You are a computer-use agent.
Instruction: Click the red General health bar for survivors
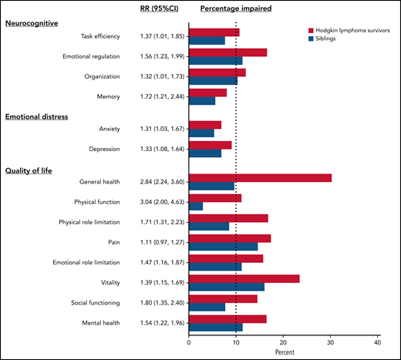(260, 177)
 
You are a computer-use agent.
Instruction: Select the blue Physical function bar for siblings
(196, 206)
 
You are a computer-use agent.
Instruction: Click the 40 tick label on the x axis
(378, 342)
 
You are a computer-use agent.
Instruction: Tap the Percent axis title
(283, 352)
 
